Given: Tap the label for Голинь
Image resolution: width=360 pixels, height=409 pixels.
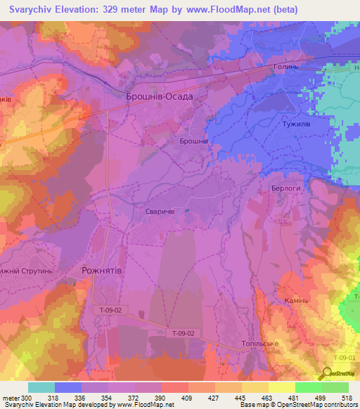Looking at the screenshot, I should tap(286, 68).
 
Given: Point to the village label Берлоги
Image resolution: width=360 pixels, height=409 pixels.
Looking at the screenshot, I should tap(285, 189).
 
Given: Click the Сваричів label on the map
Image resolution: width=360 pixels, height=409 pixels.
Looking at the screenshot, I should tap(155, 211).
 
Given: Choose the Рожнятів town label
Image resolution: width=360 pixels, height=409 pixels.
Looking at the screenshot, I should tap(100, 271).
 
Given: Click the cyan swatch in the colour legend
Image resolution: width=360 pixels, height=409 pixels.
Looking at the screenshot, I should tap(41, 387).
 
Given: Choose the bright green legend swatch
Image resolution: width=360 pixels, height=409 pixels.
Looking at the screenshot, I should tap(308, 387).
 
